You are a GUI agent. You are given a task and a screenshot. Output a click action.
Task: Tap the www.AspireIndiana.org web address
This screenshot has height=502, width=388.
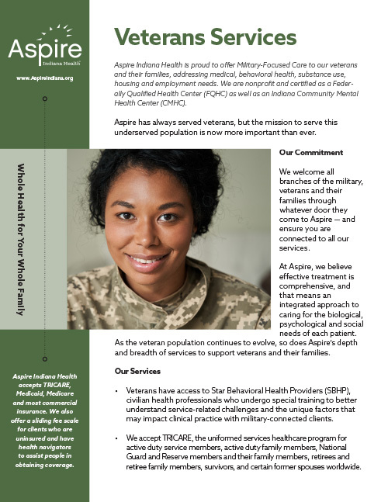[43, 78]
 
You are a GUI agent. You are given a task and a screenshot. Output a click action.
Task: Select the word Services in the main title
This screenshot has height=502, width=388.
[256, 36]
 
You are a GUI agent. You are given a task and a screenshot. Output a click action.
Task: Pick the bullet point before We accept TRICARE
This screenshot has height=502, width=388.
[116, 438]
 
